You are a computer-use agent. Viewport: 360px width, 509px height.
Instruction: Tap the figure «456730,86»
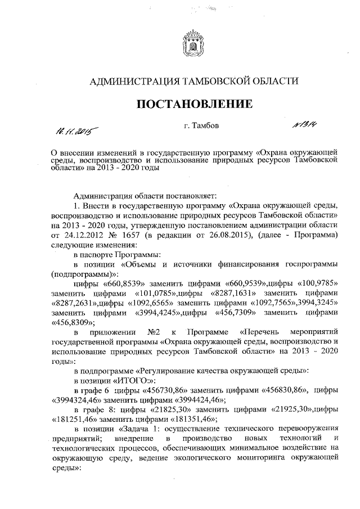point(169,390)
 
